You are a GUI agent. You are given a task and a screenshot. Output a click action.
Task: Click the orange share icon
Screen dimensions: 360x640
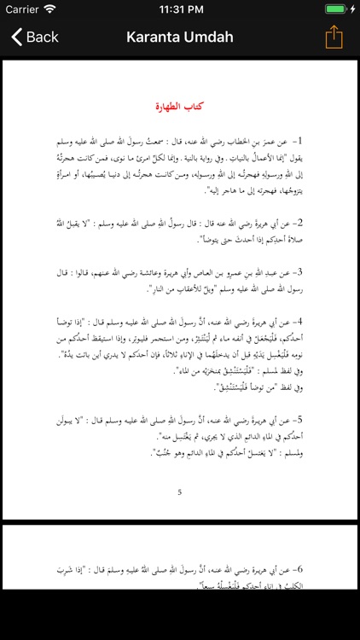pos(334,37)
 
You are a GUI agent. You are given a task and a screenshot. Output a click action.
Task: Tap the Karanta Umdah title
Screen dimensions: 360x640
pos(180,37)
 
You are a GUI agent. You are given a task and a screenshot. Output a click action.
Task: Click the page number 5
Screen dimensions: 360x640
pos(179,492)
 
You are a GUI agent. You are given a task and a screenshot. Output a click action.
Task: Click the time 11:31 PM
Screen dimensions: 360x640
pos(180,9)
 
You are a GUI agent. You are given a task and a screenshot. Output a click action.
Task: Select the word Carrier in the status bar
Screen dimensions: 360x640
pos(22,9)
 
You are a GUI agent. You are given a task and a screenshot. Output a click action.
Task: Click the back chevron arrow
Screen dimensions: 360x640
pos(16,37)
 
